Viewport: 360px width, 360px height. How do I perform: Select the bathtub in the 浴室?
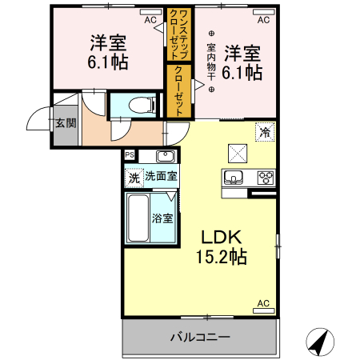[138, 218]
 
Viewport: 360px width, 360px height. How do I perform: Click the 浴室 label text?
[162, 217]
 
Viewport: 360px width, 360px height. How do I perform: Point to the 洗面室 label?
[161, 176]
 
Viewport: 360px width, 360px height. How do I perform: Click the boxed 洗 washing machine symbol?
[133, 176]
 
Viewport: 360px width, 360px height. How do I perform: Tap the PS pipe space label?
[129, 154]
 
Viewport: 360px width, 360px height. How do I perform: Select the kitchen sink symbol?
[234, 177]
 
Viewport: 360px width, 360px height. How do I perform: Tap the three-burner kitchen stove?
[265, 177]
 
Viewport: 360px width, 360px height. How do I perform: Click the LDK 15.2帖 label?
[221, 247]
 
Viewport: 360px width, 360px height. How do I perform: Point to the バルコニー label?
[200, 337]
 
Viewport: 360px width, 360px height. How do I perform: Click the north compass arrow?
[322, 342]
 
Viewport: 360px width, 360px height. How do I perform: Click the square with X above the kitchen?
[238, 151]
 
